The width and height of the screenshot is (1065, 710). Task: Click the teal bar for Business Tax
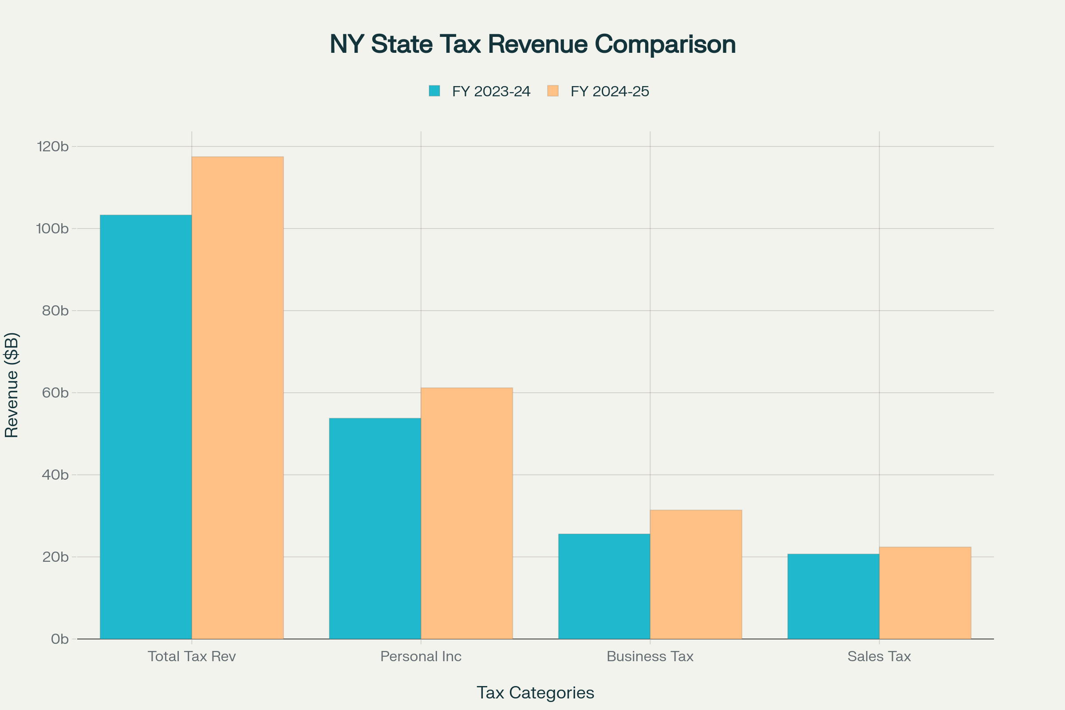point(604,586)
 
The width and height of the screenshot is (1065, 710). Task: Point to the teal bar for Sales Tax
point(833,596)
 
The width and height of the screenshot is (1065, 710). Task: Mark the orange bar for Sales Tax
point(925,593)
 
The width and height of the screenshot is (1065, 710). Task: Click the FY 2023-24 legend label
point(491,91)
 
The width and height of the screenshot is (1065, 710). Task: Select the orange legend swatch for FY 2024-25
point(552,91)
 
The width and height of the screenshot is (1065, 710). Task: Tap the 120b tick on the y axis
point(52,146)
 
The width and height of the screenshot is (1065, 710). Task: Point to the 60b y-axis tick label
point(55,393)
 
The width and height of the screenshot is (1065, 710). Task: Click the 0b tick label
point(59,639)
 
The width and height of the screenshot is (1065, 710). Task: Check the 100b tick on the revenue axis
point(52,229)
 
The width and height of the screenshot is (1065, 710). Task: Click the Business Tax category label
point(650,657)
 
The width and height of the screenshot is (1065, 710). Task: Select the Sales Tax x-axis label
point(879,657)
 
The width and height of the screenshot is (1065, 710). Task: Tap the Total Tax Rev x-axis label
point(192,657)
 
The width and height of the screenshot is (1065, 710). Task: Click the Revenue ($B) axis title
point(12,385)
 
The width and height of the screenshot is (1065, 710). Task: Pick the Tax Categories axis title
point(535,693)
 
